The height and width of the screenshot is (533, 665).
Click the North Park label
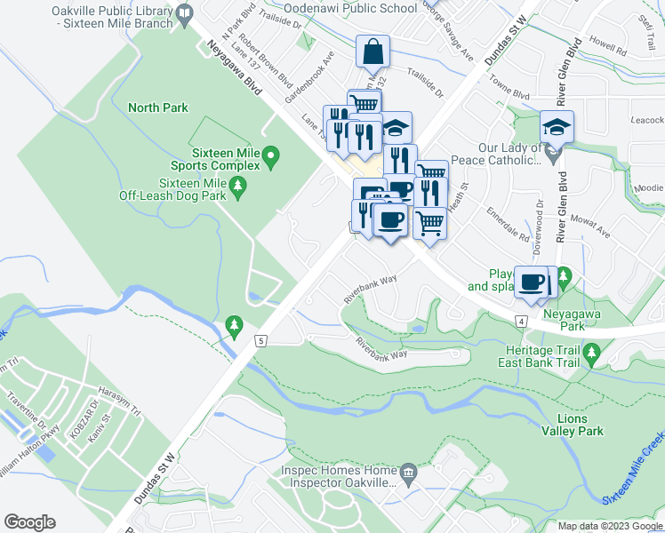coord(157,107)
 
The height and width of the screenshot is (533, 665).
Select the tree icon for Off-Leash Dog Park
coord(236,185)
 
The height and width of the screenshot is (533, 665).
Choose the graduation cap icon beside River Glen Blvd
coord(557,127)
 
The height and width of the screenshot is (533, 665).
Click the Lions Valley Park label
coord(573,424)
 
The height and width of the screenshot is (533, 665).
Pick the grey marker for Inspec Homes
coord(409,471)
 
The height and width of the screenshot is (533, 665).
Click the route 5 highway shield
coord(260,340)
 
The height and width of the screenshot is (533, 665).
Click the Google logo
coord(29,522)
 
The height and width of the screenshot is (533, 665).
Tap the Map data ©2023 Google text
coord(609,526)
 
